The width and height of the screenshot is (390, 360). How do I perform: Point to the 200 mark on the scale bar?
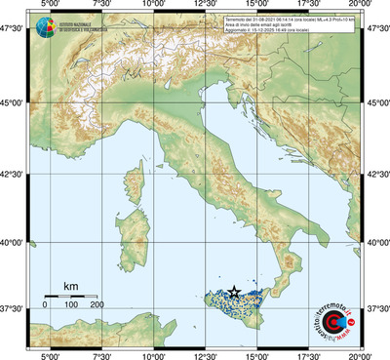click(x=97, y=305)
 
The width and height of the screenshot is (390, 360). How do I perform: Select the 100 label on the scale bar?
click(x=71, y=305)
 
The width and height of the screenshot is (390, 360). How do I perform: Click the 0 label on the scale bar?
click(x=45, y=305)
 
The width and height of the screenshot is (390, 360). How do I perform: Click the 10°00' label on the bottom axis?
click(x=153, y=355)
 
